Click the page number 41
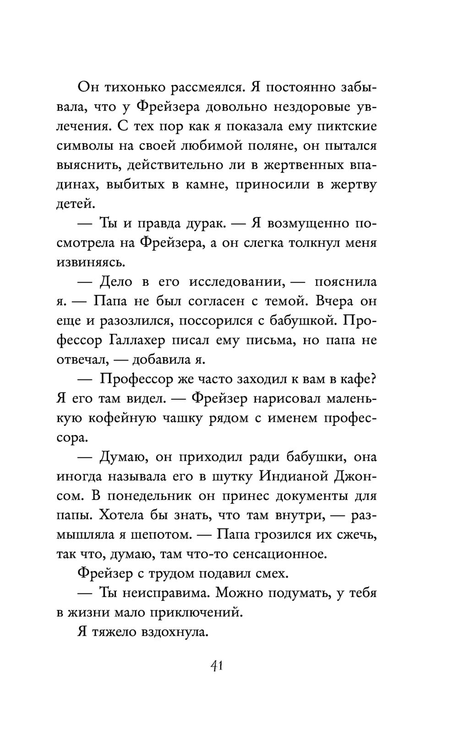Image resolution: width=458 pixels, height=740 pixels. click(x=216, y=666)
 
